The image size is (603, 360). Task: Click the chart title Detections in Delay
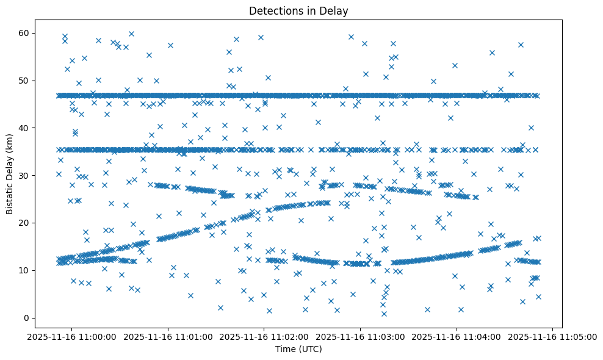298,10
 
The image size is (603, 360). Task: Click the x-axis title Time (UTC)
298,349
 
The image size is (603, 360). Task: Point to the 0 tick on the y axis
27,318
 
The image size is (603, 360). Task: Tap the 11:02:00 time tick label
264,336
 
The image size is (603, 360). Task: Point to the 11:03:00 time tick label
360,336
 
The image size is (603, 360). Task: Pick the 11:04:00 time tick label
457,336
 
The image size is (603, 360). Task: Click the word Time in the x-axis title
285,349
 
